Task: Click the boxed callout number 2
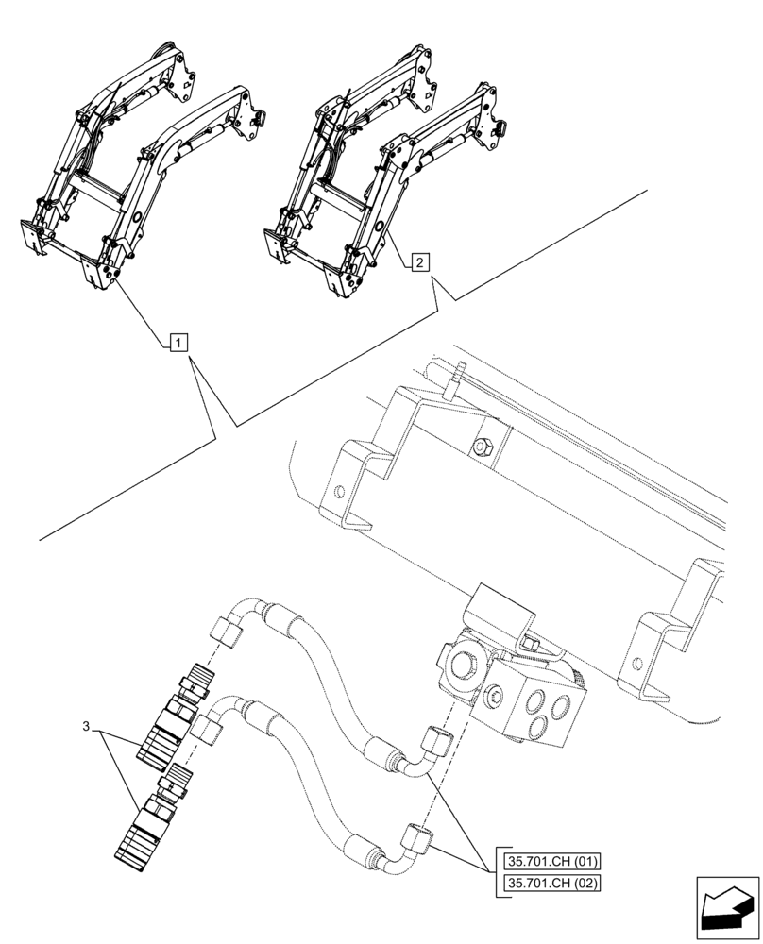pos(420,261)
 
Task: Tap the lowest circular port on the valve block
pos(541,726)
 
